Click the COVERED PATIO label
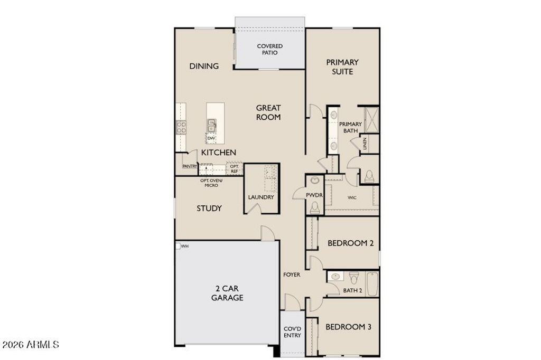[270, 49]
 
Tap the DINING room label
[204, 66]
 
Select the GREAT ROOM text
[268, 112]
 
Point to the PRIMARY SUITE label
[342, 67]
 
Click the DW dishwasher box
[211, 138]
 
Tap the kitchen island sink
[211, 126]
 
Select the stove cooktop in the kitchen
[181, 127]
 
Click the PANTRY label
[190, 166]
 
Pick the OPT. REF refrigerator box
[234, 168]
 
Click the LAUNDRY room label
[261, 197]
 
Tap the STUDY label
[209, 209]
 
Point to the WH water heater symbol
[178, 246]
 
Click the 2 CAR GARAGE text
[227, 293]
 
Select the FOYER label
[292, 275]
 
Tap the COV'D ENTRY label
[292, 332]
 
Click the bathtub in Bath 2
[372, 284]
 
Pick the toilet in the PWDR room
[315, 207]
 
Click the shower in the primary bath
[372, 120]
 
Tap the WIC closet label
[352, 197]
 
